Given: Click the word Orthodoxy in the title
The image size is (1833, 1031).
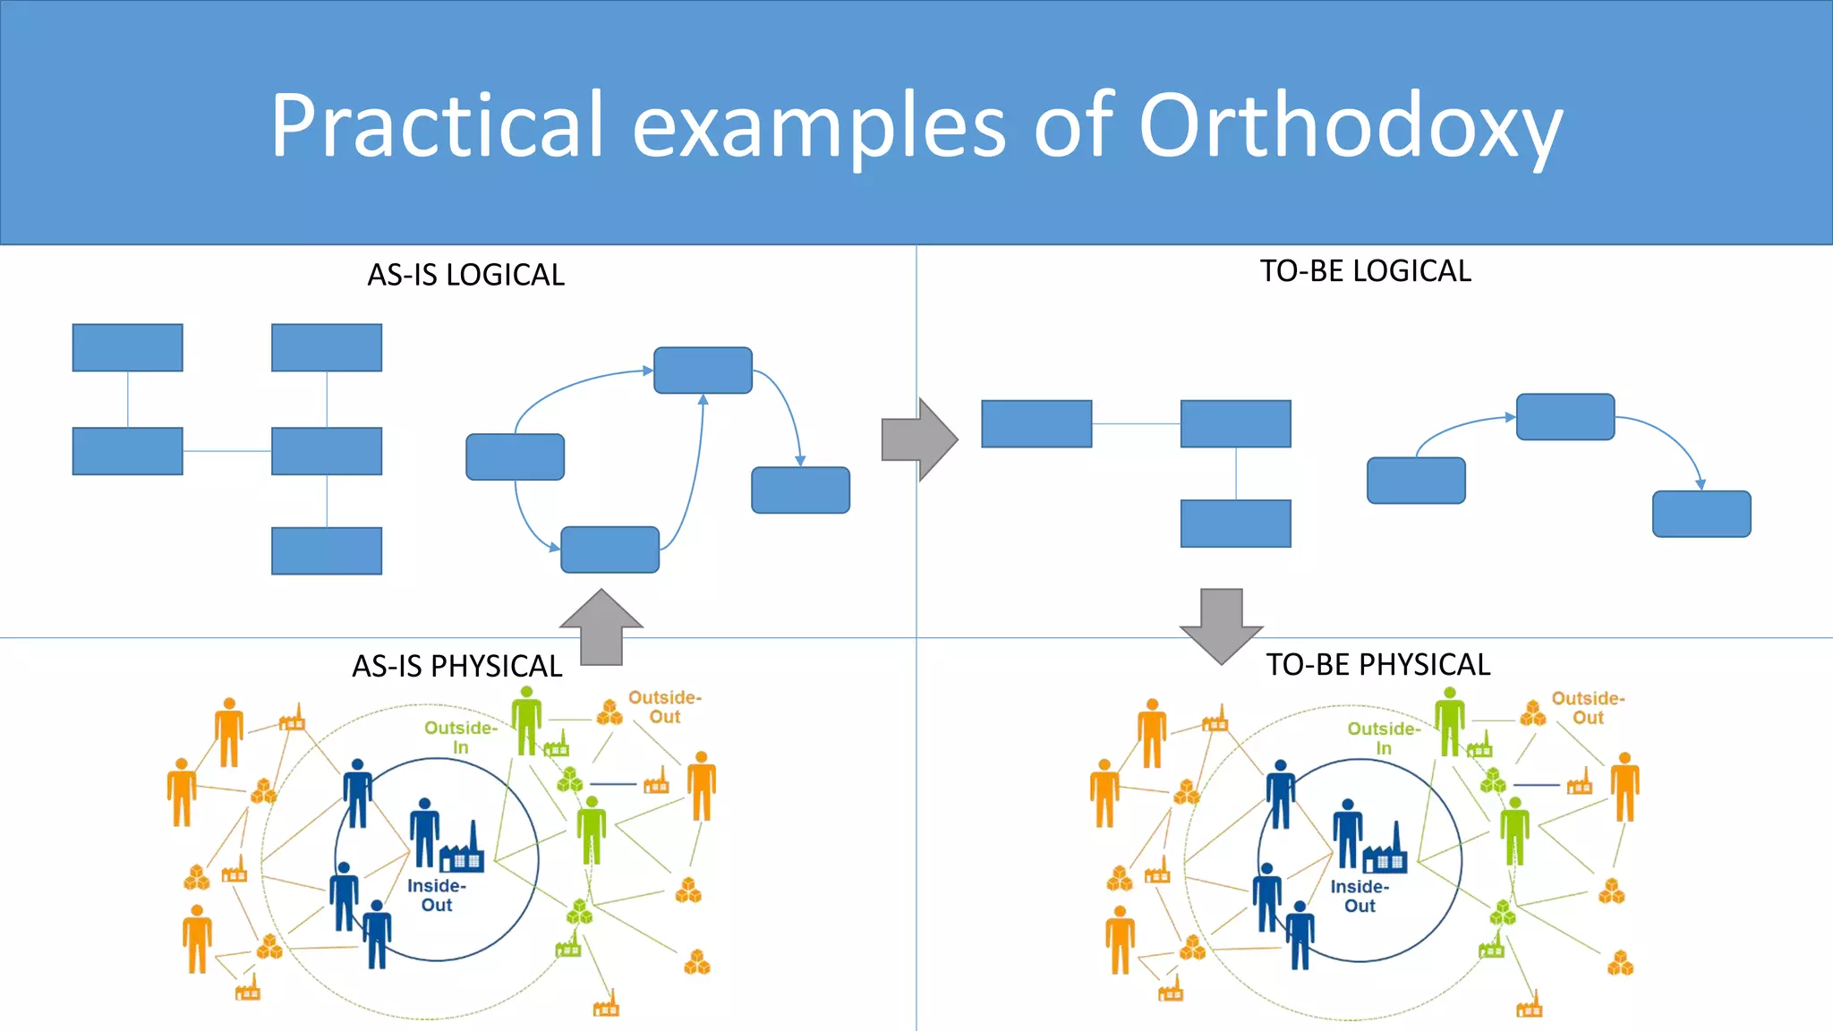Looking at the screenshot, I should pos(1350,125).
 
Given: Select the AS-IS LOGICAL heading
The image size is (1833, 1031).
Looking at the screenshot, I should pos(465,275).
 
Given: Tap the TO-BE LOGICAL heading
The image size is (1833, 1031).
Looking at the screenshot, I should pos(1365,271).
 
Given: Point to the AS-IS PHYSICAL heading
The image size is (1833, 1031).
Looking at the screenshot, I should pos(456,666).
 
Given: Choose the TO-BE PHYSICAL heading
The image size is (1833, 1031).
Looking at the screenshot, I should pos(1377,665).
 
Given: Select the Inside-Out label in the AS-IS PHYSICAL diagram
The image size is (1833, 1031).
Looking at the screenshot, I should pos(437,895).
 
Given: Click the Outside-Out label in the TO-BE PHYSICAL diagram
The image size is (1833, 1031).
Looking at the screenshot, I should pos(1588,708).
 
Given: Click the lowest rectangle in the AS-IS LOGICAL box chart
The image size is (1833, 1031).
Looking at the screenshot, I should pos(327,550).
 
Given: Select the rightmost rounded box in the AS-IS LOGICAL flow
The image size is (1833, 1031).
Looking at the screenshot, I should pos(800,490).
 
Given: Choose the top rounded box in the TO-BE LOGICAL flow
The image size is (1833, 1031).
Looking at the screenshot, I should pos(1565,417).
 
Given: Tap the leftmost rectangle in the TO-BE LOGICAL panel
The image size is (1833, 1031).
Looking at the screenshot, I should pos(1036,423).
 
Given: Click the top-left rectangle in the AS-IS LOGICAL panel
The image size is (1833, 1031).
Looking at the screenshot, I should pos(128,347).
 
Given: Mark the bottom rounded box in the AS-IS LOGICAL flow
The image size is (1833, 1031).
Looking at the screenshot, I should pos(610,550).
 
